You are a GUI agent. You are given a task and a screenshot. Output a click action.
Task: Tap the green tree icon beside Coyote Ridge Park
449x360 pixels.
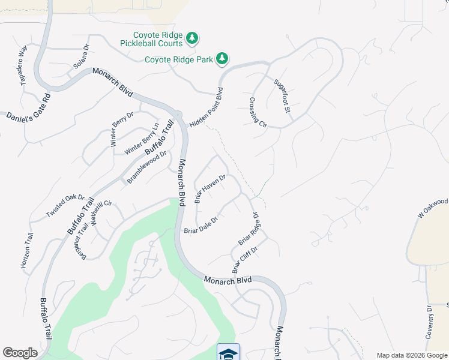223,58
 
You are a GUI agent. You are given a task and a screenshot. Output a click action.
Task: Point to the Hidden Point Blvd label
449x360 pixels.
206,109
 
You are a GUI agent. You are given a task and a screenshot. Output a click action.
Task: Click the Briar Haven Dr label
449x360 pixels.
209,189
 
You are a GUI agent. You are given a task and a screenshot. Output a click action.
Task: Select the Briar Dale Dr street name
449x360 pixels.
200,225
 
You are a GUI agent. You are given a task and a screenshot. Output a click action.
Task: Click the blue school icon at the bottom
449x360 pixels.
228,353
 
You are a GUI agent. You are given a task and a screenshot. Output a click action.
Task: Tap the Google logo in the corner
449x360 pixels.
20,353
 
